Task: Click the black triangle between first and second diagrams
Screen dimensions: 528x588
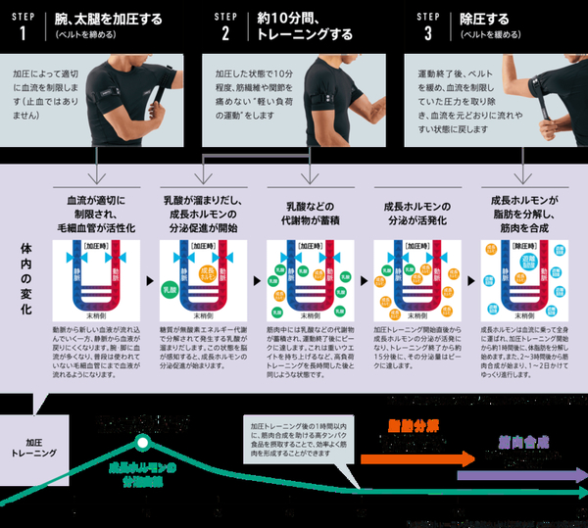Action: pos(150,279)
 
